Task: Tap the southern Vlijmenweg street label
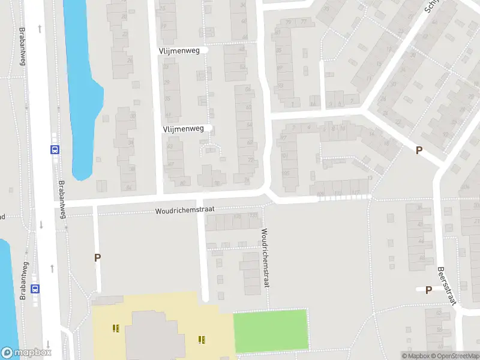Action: [x=183, y=128]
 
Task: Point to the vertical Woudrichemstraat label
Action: [x=264, y=257]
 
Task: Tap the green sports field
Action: [x=270, y=330]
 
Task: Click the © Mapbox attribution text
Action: [x=416, y=356]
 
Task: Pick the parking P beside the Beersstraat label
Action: [x=428, y=290]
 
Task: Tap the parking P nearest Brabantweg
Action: [x=97, y=257]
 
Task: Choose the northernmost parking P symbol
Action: [x=419, y=151]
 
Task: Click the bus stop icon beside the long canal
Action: [x=55, y=150]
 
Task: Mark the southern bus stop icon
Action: [x=35, y=288]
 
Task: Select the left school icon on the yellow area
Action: [x=115, y=328]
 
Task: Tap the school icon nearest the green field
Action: [x=202, y=340]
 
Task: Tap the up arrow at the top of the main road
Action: [x=40, y=28]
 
